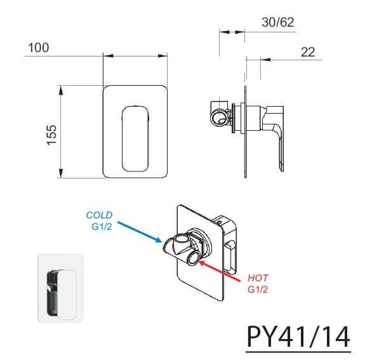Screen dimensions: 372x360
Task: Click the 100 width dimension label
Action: pos(39,48)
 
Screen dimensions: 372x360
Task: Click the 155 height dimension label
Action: pos(51,135)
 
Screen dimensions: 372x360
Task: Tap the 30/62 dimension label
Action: pos(278,22)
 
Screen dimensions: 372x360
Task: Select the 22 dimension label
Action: pos(308,52)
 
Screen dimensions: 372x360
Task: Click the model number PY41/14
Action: pos(298,337)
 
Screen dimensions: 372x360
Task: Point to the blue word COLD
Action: pos(99,215)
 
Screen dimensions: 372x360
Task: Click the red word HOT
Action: pos(258,278)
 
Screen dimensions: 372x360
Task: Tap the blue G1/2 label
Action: pos(102,227)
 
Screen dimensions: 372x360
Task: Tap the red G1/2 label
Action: pos(258,290)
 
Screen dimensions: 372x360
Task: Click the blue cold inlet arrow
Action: pos(140,232)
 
